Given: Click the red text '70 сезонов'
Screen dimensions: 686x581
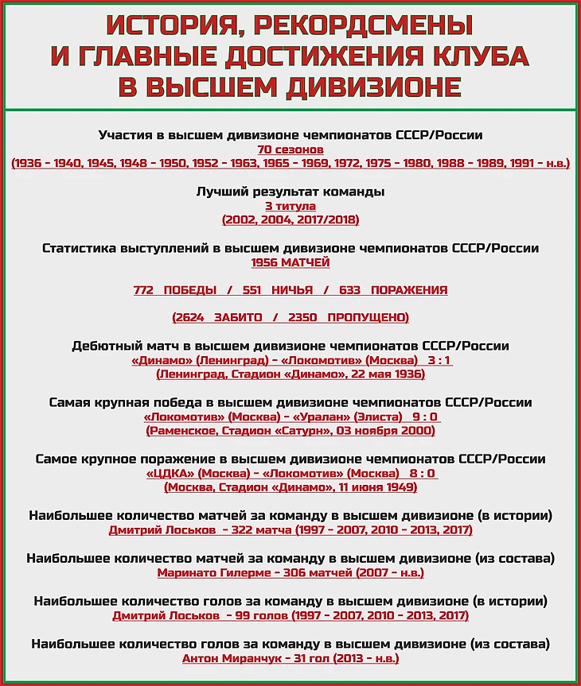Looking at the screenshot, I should [x=290, y=149].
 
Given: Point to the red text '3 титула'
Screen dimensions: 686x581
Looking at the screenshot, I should [x=290, y=206].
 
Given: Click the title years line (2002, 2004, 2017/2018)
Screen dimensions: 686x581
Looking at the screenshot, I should [x=290, y=219].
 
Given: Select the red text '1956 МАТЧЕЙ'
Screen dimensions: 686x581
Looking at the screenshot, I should [x=290, y=262].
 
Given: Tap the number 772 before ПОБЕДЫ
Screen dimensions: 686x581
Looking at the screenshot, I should [x=143, y=290].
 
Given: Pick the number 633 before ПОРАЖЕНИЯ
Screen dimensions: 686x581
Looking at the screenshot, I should [x=350, y=290].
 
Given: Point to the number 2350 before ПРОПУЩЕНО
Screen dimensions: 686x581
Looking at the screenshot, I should [x=304, y=317].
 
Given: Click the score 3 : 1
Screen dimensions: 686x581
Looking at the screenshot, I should [x=439, y=360].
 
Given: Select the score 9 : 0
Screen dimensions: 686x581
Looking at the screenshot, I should [x=425, y=417].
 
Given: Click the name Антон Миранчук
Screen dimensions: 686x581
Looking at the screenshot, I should [x=227, y=658].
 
